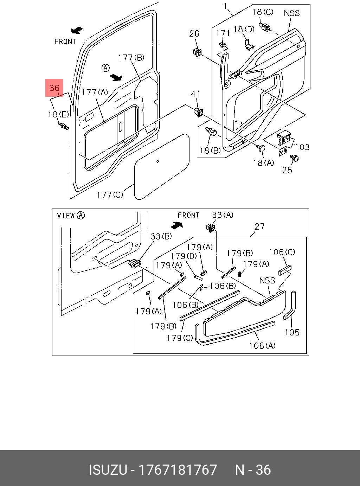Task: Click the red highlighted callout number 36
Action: click(54, 88)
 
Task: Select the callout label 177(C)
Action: click(110, 194)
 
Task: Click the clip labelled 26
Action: click(197, 52)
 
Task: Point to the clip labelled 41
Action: click(199, 112)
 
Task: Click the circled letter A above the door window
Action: click(105, 68)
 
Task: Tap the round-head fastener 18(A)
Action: click(261, 148)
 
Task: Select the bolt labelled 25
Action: click(294, 158)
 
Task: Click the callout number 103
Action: click(302, 147)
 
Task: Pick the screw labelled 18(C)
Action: click(265, 27)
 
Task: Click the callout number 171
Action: click(223, 33)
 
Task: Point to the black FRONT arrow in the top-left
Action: click(77, 30)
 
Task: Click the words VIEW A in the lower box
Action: click(71, 216)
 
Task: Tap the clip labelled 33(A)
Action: click(211, 227)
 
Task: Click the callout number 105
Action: click(292, 332)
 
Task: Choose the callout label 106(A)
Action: click(262, 346)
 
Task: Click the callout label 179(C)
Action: click(180, 338)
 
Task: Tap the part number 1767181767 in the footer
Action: click(178, 470)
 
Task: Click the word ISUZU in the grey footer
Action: click(108, 470)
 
